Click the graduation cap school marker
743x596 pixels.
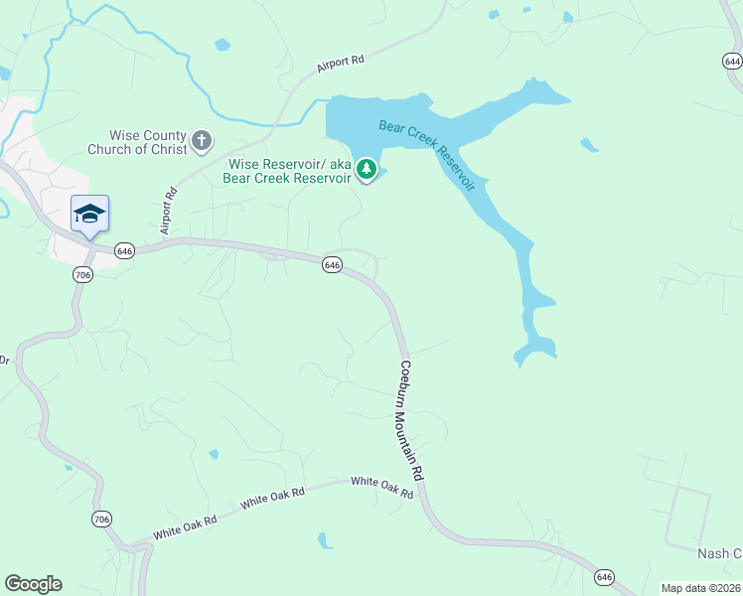click(x=89, y=214)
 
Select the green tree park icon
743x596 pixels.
click(x=367, y=170)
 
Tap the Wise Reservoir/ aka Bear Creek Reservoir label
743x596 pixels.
click(x=290, y=171)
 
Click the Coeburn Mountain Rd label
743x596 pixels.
click(x=412, y=421)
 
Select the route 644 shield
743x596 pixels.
click(x=731, y=61)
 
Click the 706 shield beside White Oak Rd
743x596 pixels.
click(x=100, y=520)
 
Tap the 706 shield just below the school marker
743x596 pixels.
click(x=82, y=274)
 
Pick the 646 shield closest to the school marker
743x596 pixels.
click(x=124, y=251)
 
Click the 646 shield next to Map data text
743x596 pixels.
click(x=605, y=577)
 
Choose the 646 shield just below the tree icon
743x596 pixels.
click(x=332, y=264)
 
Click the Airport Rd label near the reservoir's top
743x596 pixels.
click(x=341, y=61)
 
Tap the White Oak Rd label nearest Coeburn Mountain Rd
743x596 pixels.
click(x=381, y=487)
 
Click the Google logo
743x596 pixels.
click(x=33, y=584)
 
